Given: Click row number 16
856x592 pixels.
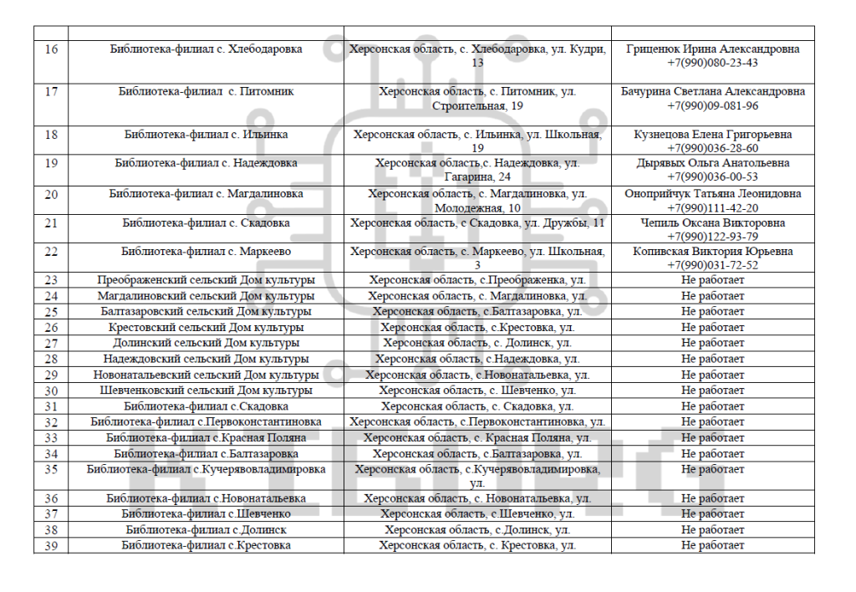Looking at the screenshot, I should [x=50, y=49].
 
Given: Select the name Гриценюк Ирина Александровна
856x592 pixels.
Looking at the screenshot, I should [x=712, y=49].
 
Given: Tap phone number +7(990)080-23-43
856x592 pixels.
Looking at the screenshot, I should [x=712, y=63].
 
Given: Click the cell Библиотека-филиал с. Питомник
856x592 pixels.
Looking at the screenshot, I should [x=206, y=91].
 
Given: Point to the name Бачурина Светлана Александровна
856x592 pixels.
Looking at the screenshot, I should [x=712, y=91].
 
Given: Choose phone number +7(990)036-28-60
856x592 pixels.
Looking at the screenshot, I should [x=712, y=148].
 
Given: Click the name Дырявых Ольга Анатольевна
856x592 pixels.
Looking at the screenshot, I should [x=712, y=163].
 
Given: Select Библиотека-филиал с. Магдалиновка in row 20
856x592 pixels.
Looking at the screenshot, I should [x=206, y=194].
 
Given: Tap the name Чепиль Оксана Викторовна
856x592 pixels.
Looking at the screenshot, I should [x=712, y=223].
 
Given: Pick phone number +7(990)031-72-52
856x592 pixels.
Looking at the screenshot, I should [x=712, y=265].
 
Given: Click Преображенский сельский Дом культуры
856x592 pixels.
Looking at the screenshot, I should [x=206, y=279].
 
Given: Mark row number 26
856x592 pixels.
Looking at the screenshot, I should [x=50, y=328].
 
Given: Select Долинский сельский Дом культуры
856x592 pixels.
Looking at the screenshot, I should [x=206, y=343].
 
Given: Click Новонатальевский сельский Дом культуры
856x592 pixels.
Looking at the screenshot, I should [x=206, y=375].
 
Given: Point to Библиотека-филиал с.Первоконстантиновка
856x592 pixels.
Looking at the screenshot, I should [x=206, y=422].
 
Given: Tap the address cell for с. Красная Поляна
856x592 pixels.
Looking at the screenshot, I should [x=476, y=438].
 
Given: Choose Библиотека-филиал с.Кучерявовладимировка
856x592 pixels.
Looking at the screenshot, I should [x=206, y=469].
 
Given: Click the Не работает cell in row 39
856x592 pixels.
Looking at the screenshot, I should [x=712, y=546].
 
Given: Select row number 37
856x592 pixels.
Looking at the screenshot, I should [x=50, y=514].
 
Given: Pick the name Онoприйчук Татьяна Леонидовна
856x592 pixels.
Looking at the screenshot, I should [x=712, y=194].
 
